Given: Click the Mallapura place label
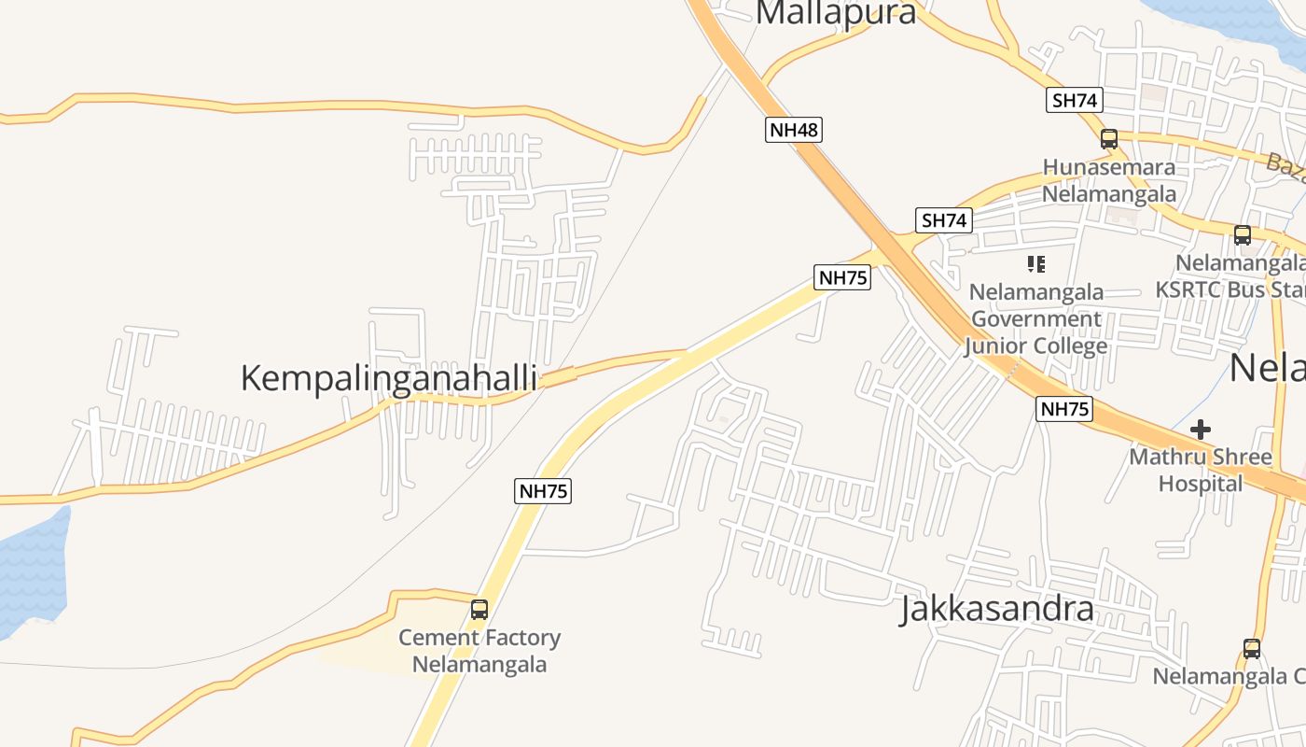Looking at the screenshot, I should pyautogui.click(x=836, y=13).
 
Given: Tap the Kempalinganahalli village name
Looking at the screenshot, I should pyautogui.click(x=388, y=378).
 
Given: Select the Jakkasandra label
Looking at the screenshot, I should pyautogui.click(x=996, y=609).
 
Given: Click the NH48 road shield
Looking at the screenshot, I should pyautogui.click(x=794, y=130).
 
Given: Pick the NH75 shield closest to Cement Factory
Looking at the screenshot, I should pyautogui.click(x=542, y=491).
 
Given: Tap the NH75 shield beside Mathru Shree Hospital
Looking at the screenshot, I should pyautogui.click(x=1063, y=409).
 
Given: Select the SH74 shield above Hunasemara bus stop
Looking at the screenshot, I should pyautogui.click(x=1075, y=101).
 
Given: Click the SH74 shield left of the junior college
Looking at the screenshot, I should pyautogui.click(x=944, y=220).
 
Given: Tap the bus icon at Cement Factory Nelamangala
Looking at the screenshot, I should pyautogui.click(x=479, y=610).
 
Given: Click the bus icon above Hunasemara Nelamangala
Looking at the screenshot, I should pyautogui.click(x=1109, y=139).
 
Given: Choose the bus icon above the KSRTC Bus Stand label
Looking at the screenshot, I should pyautogui.click(x=1243, y=235).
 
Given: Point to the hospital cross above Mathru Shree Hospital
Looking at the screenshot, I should pyautogui.click(x=1201, y=430).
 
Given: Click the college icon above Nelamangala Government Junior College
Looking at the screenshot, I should pyautogui.click(x=1035, y=264).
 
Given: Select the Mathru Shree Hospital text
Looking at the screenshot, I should pyautogui.click(x=1201, y=471).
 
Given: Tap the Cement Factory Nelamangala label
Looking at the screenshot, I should pyautogui.click(x=479, y=652).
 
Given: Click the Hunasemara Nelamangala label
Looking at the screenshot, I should pyautogui.click(x=1109, y=181).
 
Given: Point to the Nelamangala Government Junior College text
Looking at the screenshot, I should pyautogui.click(x=1035, y=318).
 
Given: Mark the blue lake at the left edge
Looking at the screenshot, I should pyautogui.click(x=33, y=570).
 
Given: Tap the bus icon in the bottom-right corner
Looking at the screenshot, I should pyautogui.click(x=1252, y=649).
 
